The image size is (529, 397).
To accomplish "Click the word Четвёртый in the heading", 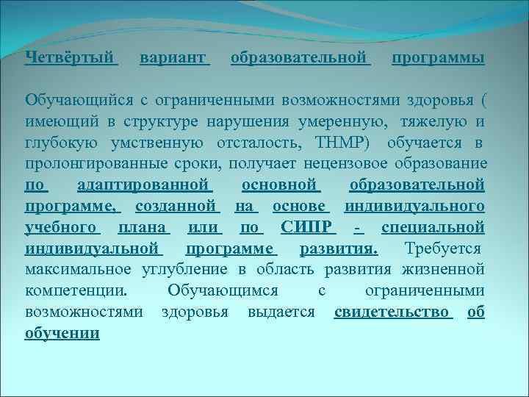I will [x=70, y=57].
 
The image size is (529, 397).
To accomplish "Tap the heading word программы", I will [x=438, y=57].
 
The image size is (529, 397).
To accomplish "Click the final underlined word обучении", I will [x=62, y=333].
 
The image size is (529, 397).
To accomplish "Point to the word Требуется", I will [x=445, y=248].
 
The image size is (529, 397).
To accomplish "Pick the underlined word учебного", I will [x=61, y=226].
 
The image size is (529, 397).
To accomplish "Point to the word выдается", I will [x=282, y=312].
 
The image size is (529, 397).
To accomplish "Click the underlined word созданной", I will [x=184, y=205].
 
